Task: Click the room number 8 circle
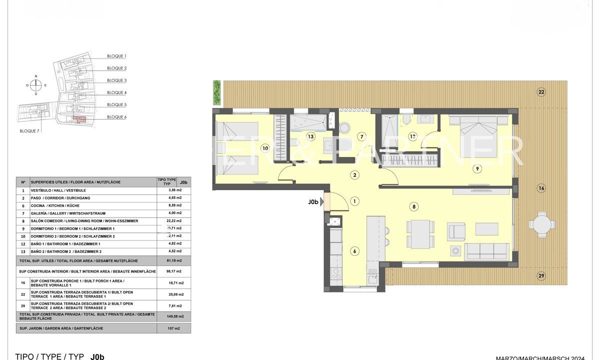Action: pos(414,206)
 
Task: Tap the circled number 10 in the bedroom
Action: pos(265,148)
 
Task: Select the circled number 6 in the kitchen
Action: pos(354,251)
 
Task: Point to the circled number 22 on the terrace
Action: pos(541,91)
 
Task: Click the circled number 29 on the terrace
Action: pos(541,275)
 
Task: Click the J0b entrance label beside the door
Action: pos(313,202)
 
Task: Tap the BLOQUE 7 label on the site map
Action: pos(29,130)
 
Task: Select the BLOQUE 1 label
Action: pos(116,56)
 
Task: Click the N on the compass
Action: pos(36,76)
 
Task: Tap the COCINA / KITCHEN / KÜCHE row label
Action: pos(55,205)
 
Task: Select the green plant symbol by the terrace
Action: pos(216,92)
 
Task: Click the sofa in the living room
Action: pos(486,251)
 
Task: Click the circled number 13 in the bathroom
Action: pos(310,136)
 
